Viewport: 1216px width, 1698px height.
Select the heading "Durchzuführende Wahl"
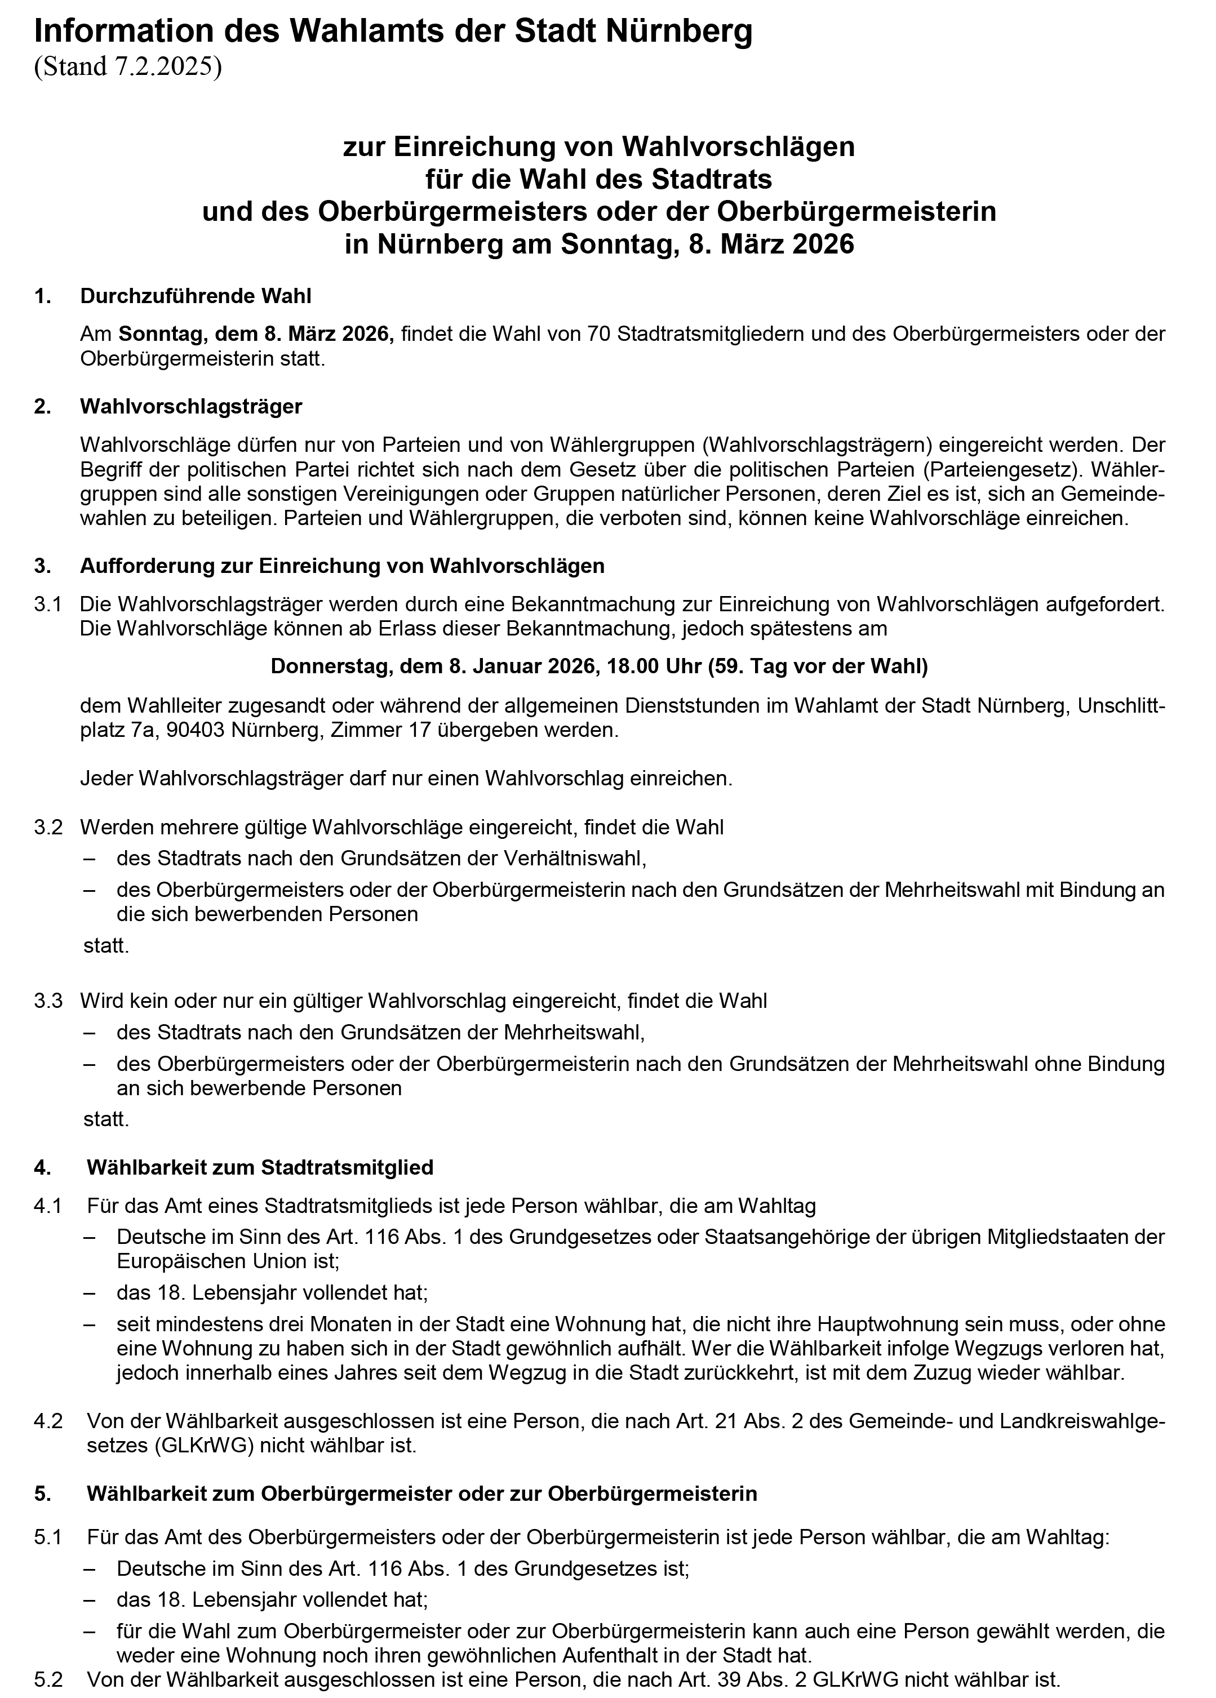[x=196, y=296]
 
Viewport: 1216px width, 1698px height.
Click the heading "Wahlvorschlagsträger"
[x=191, y=407]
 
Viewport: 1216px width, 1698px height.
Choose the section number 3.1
[x=48, y=603]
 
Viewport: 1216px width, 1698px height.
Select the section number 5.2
[x=48, y=1679]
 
